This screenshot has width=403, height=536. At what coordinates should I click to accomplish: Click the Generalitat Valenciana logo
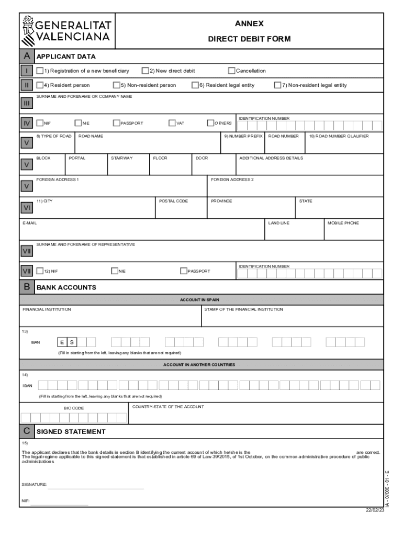pyautogui.click(x=66, y=31)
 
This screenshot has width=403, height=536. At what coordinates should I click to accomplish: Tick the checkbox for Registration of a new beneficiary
pyautogui.click(x=40, y=71)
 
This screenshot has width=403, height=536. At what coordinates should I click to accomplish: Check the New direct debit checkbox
pyautogui.click(x=145, y=71)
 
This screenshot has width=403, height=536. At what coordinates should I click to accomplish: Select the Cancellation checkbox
pyautogui.click(x=231, y=71)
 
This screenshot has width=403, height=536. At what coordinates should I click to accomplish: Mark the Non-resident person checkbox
pyautogui.click(x=117, y=85)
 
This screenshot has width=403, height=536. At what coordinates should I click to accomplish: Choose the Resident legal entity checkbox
pyautogui.click(x=195, y=85)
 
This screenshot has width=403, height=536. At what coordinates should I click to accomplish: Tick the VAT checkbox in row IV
pyautogui.click(x=172, y=123)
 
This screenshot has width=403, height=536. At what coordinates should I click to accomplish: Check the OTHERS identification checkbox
pyautogui.click(x=210, y=123)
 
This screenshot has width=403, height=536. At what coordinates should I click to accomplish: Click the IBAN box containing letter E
pyautogui.click(x=62, y=342)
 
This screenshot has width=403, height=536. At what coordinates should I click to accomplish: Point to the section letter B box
pyautogui.click(x=26, y=287)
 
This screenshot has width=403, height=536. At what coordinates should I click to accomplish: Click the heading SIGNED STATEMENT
pyautogui.click(x=71, y=432)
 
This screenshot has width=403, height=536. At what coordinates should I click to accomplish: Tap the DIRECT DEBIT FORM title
pyautogui.click(x=249, y=39)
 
